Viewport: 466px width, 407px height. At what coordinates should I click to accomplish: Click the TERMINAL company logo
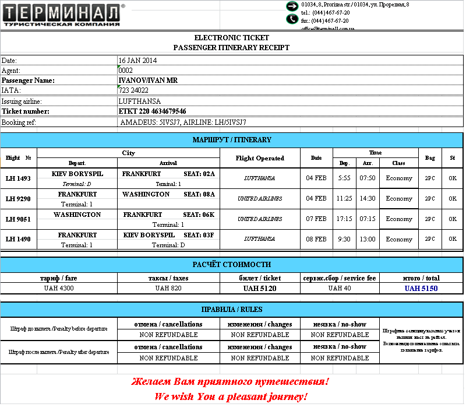62,15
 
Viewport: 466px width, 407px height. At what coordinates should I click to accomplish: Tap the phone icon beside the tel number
292,19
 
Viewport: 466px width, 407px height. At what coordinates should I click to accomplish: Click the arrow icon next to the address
292,6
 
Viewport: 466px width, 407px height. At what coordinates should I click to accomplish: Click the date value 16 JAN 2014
137,60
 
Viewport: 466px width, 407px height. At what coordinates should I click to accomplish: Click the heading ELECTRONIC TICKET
232,38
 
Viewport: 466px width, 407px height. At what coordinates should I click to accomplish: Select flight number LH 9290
18,199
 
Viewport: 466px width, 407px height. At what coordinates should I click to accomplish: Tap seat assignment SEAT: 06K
199,215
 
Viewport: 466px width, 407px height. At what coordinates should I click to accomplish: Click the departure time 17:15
344,219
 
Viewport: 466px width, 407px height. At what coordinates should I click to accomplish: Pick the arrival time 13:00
368,239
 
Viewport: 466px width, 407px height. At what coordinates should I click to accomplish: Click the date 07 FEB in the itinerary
316,219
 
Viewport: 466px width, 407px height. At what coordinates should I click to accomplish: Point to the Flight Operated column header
260,158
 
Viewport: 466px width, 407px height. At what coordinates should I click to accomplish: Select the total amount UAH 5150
421,288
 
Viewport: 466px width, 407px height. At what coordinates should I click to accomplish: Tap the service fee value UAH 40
340,288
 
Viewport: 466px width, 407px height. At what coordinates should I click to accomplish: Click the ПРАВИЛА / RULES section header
232,310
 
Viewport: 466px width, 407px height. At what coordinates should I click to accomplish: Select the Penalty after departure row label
59,352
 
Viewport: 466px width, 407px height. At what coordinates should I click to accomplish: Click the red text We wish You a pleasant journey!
231,397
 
